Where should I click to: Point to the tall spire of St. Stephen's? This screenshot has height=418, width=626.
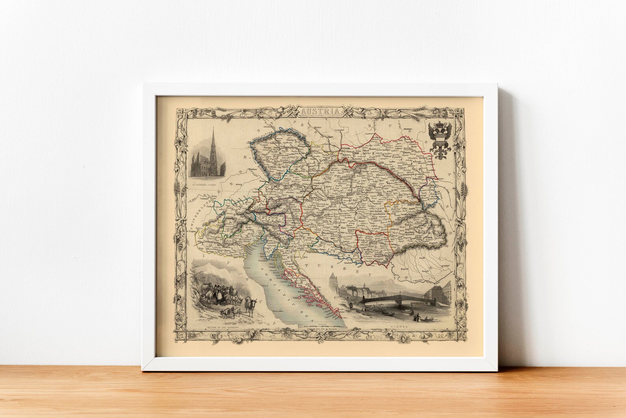point(212,142)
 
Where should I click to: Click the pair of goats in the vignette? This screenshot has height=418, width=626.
point(233,313)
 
